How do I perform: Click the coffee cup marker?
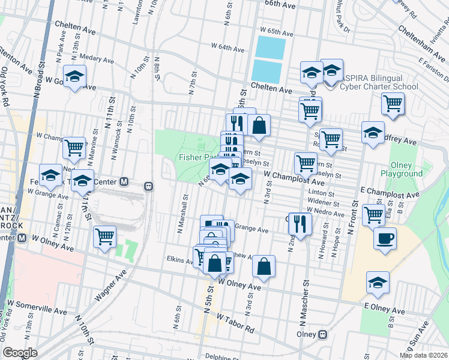385,239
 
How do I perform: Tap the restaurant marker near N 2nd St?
301,223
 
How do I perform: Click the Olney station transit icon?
323,334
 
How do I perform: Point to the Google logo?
20,353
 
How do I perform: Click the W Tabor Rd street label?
236,323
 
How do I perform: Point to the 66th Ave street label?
281,4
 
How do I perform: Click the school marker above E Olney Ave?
378,282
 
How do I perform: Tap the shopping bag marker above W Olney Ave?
264,268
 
